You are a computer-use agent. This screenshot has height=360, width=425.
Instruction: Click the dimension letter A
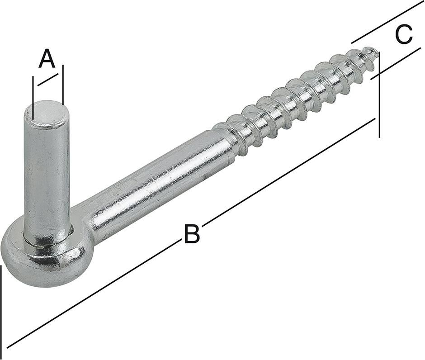tap(47, 59)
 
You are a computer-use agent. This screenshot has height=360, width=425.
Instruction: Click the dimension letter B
tap(191, 234)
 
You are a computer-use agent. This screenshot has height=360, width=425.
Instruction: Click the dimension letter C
tap(404, 35)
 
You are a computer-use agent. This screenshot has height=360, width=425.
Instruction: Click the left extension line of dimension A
tap(33, 90)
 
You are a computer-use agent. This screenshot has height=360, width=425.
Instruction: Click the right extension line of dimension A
tap(63, 84)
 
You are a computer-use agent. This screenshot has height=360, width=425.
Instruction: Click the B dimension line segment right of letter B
tap(289, 172)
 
